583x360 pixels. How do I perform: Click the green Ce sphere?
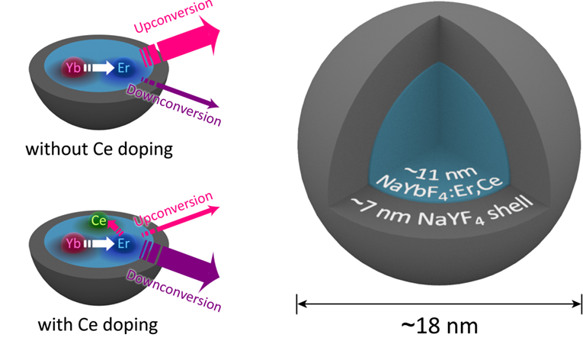[x=98, y=221]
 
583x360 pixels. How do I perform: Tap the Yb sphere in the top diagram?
[x=74, y=68]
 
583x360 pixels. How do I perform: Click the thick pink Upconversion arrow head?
[x=204, y=37]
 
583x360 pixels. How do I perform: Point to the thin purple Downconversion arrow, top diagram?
[x=183, y=94]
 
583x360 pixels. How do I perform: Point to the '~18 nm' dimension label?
[x=440, y=326]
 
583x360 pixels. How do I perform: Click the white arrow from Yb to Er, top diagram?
[x=98, y=68]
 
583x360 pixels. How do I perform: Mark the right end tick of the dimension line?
[x=578, y=304]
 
